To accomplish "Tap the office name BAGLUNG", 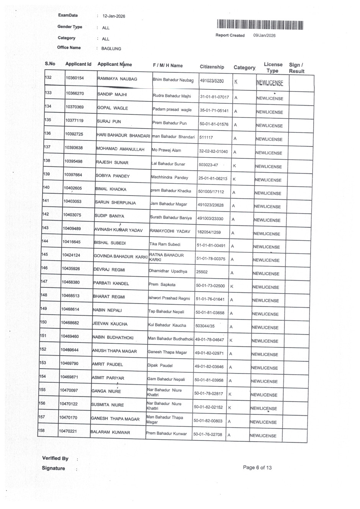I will pos(111,49).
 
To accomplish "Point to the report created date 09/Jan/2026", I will pos(264,36).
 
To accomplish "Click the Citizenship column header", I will pos(212,67).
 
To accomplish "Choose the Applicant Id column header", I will pos(78,64).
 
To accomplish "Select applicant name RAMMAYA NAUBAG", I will pos(117,79).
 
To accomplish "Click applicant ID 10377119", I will pos(74,121).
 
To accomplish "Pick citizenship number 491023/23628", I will pos(210,205).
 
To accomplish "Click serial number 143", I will pos(45,228).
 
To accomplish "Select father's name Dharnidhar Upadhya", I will pos(168,271).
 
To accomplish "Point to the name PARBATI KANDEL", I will pos(111,284).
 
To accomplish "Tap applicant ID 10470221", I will pos(68,431).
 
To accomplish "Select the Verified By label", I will pos(55,458).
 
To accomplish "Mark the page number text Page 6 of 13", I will pos(257,468).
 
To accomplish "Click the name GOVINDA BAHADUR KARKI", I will pos(121,257).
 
